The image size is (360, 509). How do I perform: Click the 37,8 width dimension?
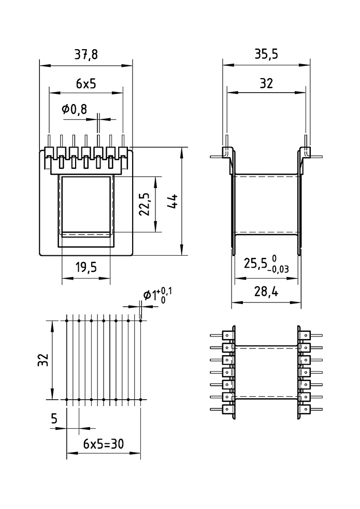point(86,54)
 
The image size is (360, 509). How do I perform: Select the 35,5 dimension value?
point(266,54)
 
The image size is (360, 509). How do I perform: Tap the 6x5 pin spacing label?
point(86,84)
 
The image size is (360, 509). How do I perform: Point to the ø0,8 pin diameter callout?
point(75,109)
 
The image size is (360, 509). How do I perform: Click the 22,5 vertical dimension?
point(144,204)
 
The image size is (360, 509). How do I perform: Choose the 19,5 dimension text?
point(86,268)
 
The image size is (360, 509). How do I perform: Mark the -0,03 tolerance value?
point(279,269)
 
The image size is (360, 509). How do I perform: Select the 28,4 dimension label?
point(266,292)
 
